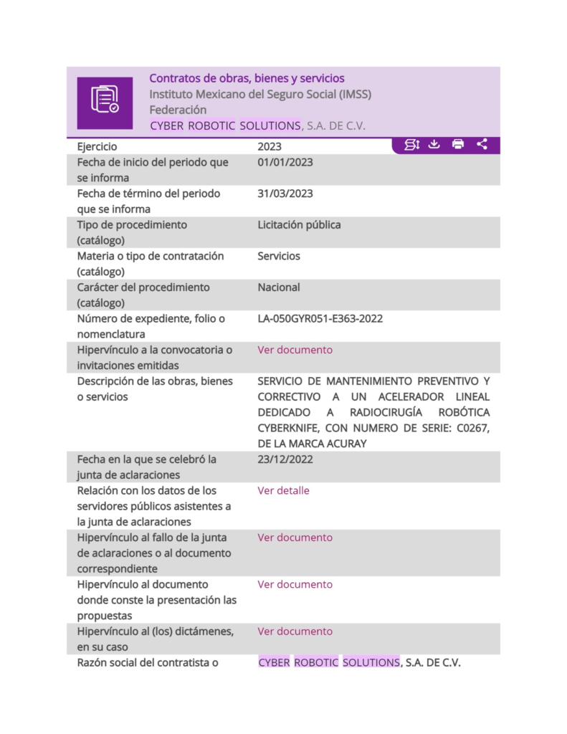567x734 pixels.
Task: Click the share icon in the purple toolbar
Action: click(x=482, y=145)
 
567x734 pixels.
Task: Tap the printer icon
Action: click(x=458, y=145)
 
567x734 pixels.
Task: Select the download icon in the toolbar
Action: click(x=434, y=145)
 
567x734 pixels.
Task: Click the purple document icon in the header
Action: click(x=105, y=103)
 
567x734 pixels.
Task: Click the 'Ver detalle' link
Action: click(x=283, y=491)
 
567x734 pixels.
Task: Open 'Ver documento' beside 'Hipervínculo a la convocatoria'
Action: click(x=295, y=351)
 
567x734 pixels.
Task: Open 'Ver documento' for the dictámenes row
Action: click(x=295, y=631)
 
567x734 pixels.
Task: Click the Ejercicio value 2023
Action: click(x=270, y=147)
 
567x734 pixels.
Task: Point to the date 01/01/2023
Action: click(x=285, y=163)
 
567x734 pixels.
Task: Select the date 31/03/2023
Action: click(x=285, y=194)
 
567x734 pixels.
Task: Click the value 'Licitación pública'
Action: click(x=299, y=225)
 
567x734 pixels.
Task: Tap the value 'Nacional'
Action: click(x=279, y=287)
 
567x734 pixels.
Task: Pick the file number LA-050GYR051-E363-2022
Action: click(x=320, y=318)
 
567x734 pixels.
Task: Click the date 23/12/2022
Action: click(x=285, y=459)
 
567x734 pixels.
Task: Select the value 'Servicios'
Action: click(x=279, y=256)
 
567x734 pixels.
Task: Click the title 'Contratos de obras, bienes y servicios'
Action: click(x=247, y=79)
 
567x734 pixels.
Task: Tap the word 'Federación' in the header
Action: click(x=178, y=110)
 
